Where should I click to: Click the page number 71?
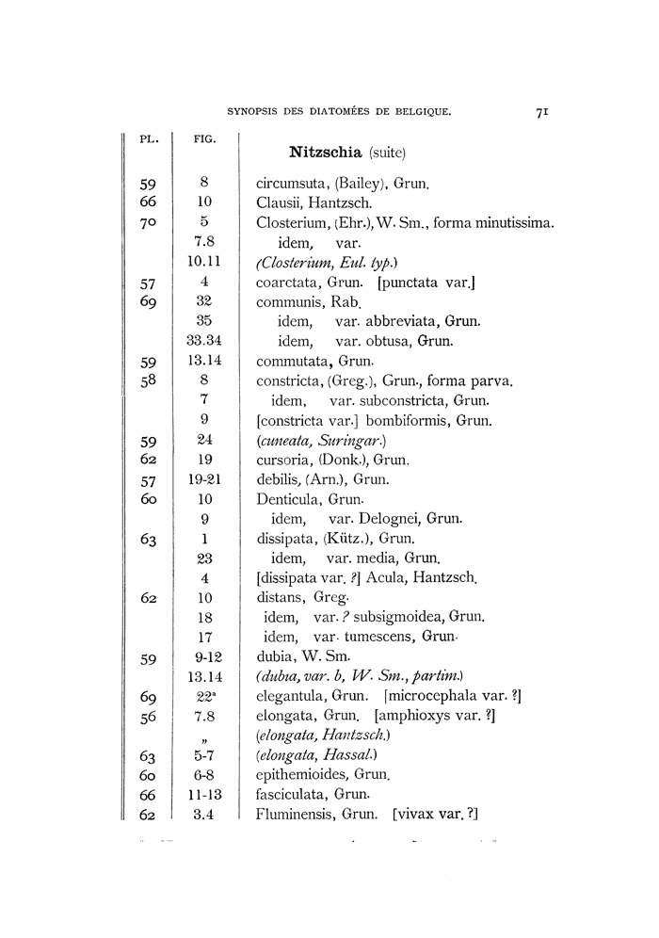point(542,112)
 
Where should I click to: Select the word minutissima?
point(513,222)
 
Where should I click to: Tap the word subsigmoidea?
point(394,618)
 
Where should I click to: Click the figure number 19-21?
point(204,479)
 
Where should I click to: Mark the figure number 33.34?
point(203,341)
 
